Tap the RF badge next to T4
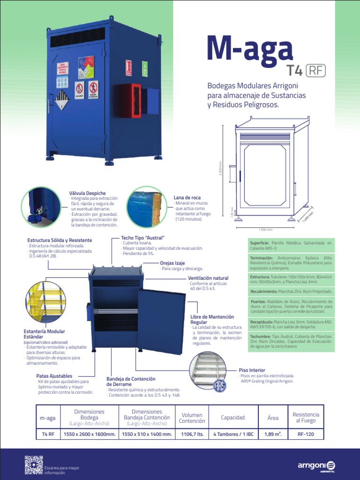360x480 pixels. click(x=315, y=70)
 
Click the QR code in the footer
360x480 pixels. click(x=33, y=464)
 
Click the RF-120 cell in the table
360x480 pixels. click(x=306, y=435)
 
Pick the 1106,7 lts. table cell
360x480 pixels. click(x=192, y=435)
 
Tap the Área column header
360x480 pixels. click(x=273, y=418)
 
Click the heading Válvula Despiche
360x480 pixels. click(x=87, y=193)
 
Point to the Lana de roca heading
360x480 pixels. click(x=187, y=198)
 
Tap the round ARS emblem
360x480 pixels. click(x=220, y=385)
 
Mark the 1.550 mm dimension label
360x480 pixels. click(x=265, y=230)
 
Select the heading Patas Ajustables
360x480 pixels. click(x=54, y=376)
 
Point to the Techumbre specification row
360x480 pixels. click(x=290, y=342)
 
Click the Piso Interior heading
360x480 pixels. click(x=252, y=370)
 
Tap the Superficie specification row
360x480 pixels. click(x=290, y=245)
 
